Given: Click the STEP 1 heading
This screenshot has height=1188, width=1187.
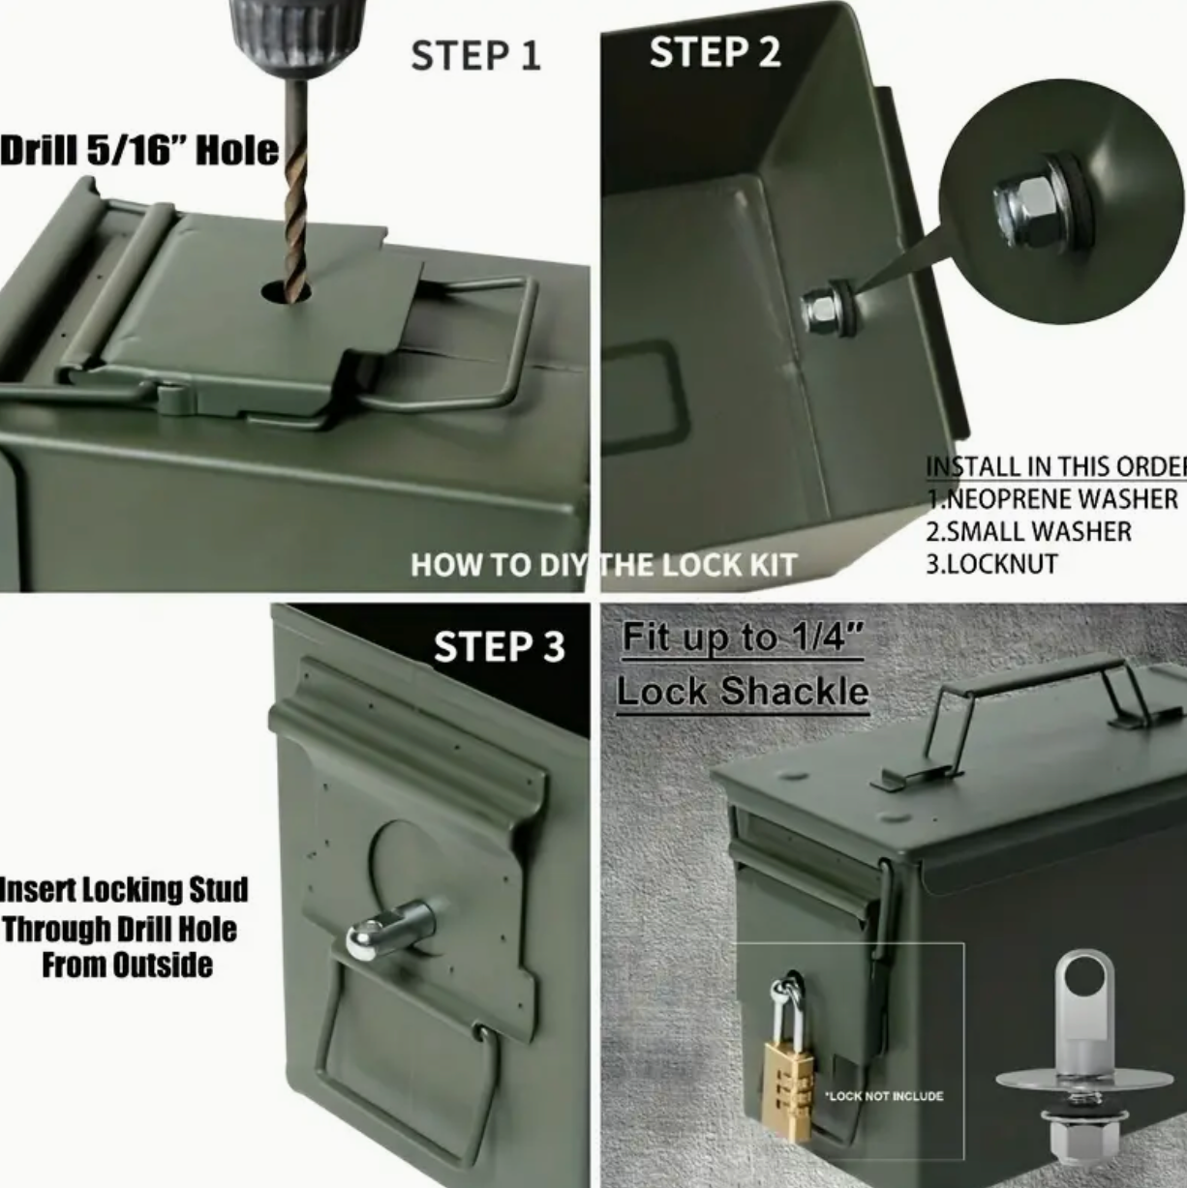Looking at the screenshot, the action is pyautogui.click(x=475, y=55).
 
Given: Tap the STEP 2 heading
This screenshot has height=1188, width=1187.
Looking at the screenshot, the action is pyautogui.click(x=715, y=52).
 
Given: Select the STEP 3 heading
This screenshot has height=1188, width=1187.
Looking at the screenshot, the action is pyautogui.click(x=499, y=646).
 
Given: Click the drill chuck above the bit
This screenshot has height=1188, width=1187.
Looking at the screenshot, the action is pyautogui.click(x=297, y=32).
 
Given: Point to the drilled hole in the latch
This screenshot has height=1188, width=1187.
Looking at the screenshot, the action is pyautogui.click(x=286, y=291).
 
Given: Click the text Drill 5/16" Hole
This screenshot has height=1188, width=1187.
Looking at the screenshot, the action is pyautogui.click(x=138, y=151).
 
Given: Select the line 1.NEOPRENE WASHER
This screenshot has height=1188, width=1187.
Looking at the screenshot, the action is pyautogui.click(x=1051, y=499).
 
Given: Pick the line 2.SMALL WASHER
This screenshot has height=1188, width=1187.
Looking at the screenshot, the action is pyautogui.click(x=1028, y=531).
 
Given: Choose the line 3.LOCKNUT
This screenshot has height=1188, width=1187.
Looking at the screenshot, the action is pyautogui.click(x=991, y=564).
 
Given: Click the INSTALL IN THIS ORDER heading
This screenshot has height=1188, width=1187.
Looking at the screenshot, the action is pyautogui.click(x=1055, y=466).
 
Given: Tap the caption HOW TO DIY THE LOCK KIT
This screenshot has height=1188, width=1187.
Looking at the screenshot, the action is pyautogui.click(x=604, y=565).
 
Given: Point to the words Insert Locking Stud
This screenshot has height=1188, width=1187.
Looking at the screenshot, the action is pyautogui.click(x=124, y=890).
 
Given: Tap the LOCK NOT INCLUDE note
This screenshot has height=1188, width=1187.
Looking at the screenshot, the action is pyautogui.click(x=885, y=1096).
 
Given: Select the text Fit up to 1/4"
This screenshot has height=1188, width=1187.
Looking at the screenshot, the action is pyautogui.click(x=742, y=639).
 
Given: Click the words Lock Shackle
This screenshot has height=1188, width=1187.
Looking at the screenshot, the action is pyautogui.click(x=744, y=692).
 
